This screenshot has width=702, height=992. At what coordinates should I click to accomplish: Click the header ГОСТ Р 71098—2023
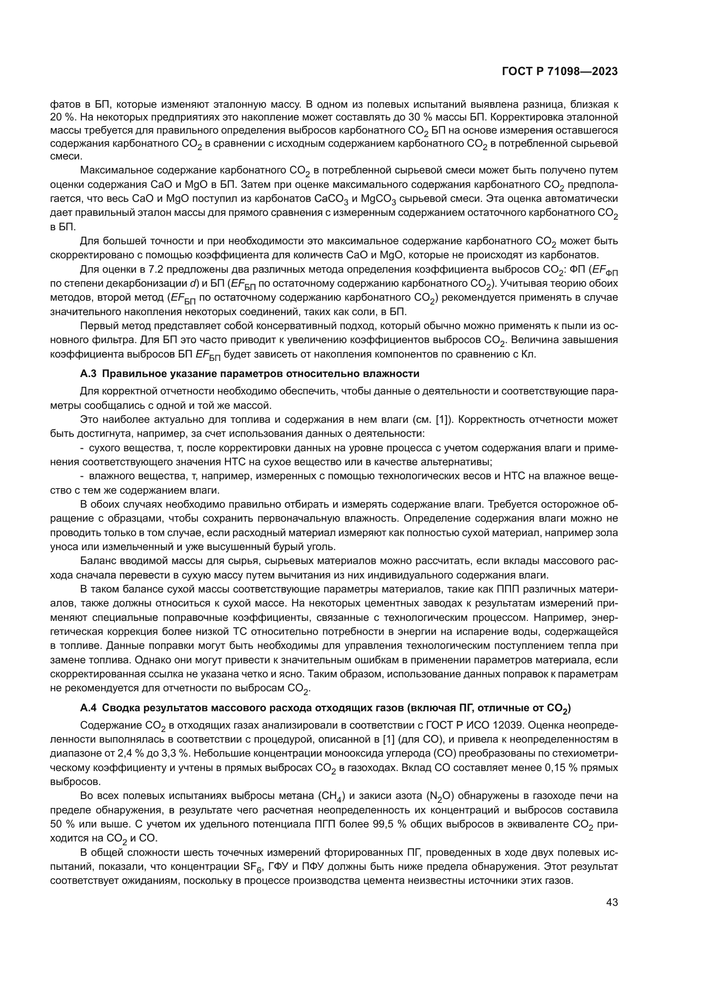pos(559,72)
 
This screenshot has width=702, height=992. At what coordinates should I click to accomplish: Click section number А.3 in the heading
pos(89,374)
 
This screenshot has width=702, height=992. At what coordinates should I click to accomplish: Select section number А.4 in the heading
pos(89,708)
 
